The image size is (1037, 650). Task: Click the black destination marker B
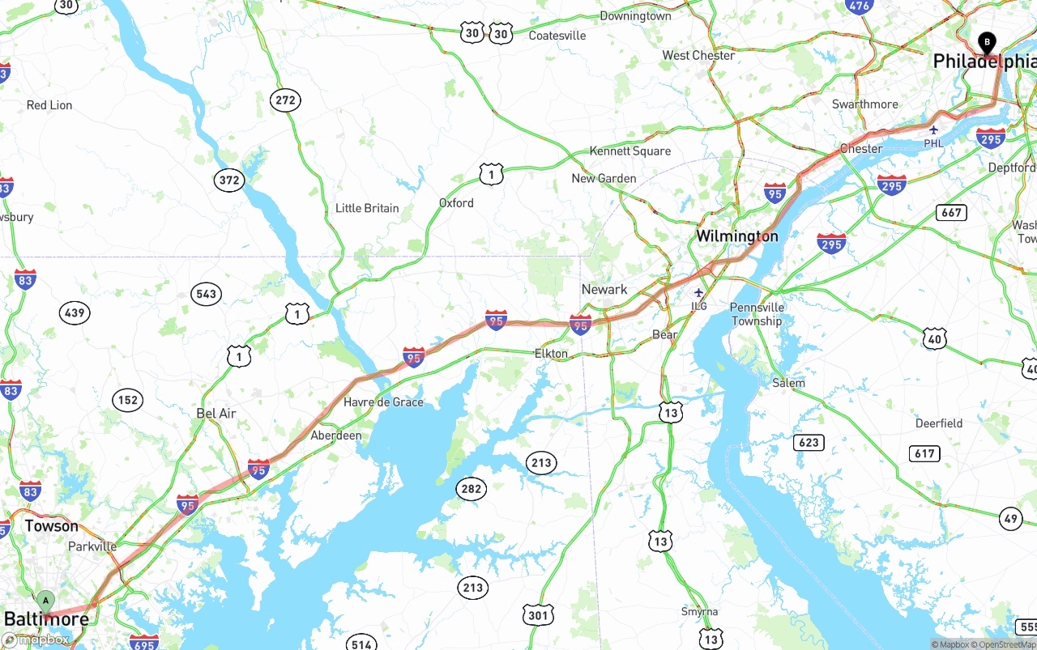tap(987, 42)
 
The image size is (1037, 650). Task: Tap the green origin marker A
tap(46, 601)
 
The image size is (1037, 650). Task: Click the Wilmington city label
tap(737, 236)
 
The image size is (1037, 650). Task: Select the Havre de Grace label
tap(383, 402)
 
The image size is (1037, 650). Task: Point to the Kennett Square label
tap(629, 151)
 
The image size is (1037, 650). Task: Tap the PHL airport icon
tap(934, 130)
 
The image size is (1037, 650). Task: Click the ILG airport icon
tap(698, 293)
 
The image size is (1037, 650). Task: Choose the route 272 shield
tap(285, 100)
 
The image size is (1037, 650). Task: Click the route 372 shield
tap(229, 180)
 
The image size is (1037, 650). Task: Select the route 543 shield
tap(207, 293)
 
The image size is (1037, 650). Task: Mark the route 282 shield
tap(471, 488)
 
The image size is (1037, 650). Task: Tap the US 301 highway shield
tap(538, 614)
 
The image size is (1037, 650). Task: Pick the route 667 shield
tap(951, 213)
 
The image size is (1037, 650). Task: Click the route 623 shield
tap(809, 442)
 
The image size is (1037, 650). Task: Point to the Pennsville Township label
tap(757, 314)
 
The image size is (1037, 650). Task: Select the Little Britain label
tap(367, 208)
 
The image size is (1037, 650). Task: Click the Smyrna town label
tap(699, 612)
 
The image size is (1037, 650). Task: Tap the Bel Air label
tap(216, 414)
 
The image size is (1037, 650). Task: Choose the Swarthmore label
tap(864, 104)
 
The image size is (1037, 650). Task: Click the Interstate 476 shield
tap(858, 6)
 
